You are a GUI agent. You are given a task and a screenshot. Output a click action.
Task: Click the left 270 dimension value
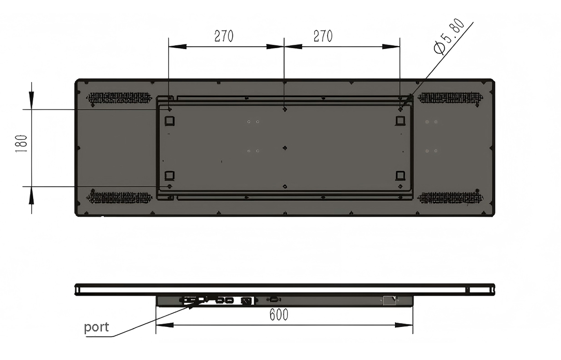click(223, 36)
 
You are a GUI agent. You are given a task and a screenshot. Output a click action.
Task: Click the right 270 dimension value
click(323, 36)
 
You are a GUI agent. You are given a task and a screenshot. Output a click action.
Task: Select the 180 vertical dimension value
click(22, 144)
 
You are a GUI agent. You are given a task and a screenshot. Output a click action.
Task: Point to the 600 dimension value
click(279, 315)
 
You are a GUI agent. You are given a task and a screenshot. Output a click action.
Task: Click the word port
click(96, 327)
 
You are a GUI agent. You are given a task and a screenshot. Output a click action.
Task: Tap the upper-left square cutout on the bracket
click(170, 121)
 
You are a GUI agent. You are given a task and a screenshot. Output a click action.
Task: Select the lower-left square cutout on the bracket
click(170, 175)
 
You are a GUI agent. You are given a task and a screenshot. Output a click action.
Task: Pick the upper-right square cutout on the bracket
click(400, 121)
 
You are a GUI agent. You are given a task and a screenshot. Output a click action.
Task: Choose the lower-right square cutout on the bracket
click(400, 175)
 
